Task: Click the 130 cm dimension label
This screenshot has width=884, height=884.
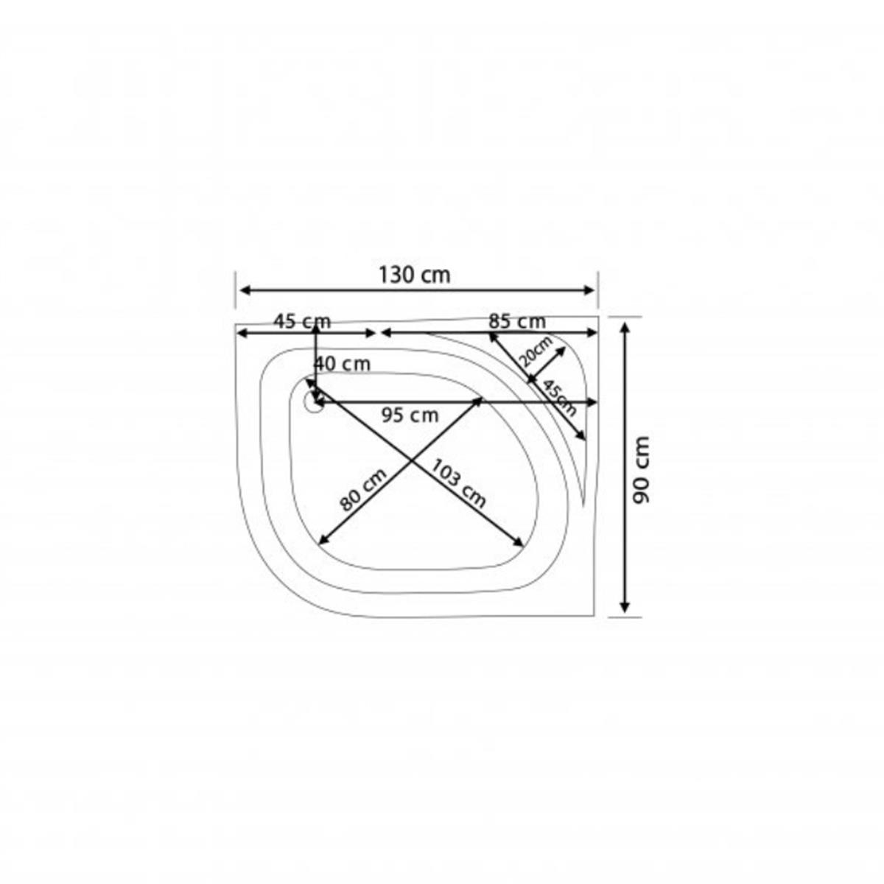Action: pos(414,276)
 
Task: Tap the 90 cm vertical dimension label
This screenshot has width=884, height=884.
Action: pos(640,469)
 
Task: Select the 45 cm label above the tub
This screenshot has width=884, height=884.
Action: pos(302,321)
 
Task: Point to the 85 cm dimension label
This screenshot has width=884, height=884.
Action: pos(517,321)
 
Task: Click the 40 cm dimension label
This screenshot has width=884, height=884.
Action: pos(342,364)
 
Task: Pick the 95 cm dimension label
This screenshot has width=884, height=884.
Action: pos(410,415)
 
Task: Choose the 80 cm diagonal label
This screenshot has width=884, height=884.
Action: pos(364,490)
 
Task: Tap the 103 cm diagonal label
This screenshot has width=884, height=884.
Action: pos(458,484)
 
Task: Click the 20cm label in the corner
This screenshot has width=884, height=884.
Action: pos(537,351)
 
